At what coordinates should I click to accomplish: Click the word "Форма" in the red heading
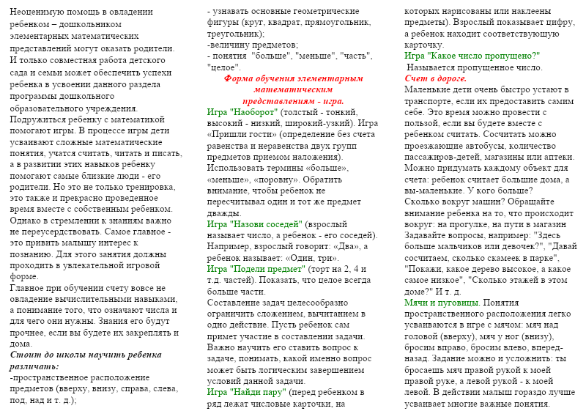click(x=239, y=78)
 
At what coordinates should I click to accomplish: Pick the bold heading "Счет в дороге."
click(x=436, y=78)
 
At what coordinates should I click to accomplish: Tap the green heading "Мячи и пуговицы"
click(x=442, y=302)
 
